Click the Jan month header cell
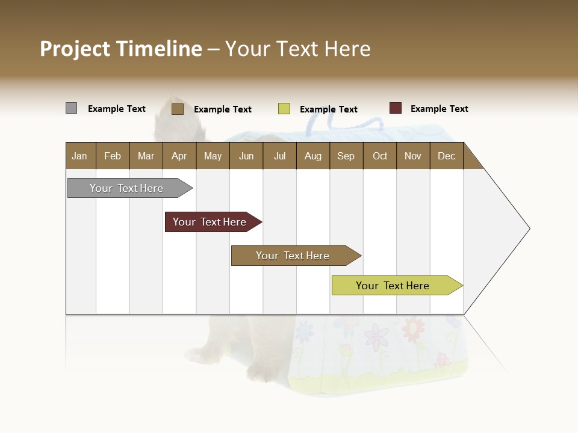click(x=80, y=156)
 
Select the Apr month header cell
click(x=179, y=156)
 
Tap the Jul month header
click(x=279, y=156)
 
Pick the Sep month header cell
click(x=346, y=156)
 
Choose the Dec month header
click(x=447, y=156)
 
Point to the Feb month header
click(x=113, y=156)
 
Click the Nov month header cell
click(x=413, y=156)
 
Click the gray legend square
click(x=71, y=108)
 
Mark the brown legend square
click(x=177, y=109)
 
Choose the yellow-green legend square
click(x=284, y=109)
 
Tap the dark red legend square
click(x=396, y=108)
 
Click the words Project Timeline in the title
click(x=120, y=49)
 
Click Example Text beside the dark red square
click(x=439, y=109)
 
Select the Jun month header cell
click(x=246, y=156)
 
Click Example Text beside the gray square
click(x=117, y=109)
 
